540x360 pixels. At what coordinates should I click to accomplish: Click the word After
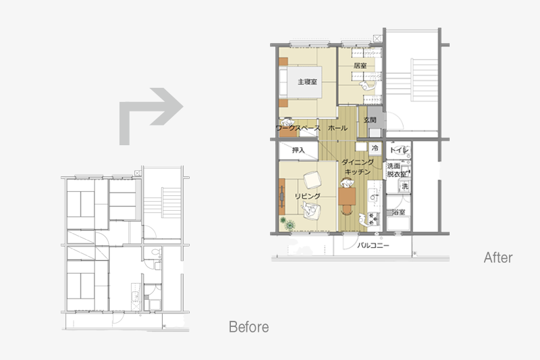(x=498, y=258)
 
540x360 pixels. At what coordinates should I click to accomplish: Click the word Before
(x=248, y=327)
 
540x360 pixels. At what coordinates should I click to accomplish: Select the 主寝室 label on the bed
(x=307, y=82)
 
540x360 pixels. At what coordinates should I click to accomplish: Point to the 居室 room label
(x=360, y=66)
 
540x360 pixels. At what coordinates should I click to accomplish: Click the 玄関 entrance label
(x=370, y=120)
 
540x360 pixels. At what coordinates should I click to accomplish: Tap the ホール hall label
(x=337, y=128)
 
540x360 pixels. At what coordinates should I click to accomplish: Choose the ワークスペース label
(x=298, y=128)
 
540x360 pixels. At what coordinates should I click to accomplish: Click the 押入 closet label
(x=298, y=150)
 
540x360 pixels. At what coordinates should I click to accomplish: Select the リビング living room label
(x=308, y=196)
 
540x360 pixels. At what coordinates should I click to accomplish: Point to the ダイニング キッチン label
(x=358, y=167)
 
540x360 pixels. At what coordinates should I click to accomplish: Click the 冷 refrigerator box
(x=375, y=149)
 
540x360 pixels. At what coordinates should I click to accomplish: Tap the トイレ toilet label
(x=399, y=150)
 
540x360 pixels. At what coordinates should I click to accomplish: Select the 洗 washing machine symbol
(x=405, y=186)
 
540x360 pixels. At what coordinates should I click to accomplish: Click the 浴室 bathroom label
(x=398, y=213)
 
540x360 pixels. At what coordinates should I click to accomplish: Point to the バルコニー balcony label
(x=373, y=246)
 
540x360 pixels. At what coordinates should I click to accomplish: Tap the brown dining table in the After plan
(x=347, y=197)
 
